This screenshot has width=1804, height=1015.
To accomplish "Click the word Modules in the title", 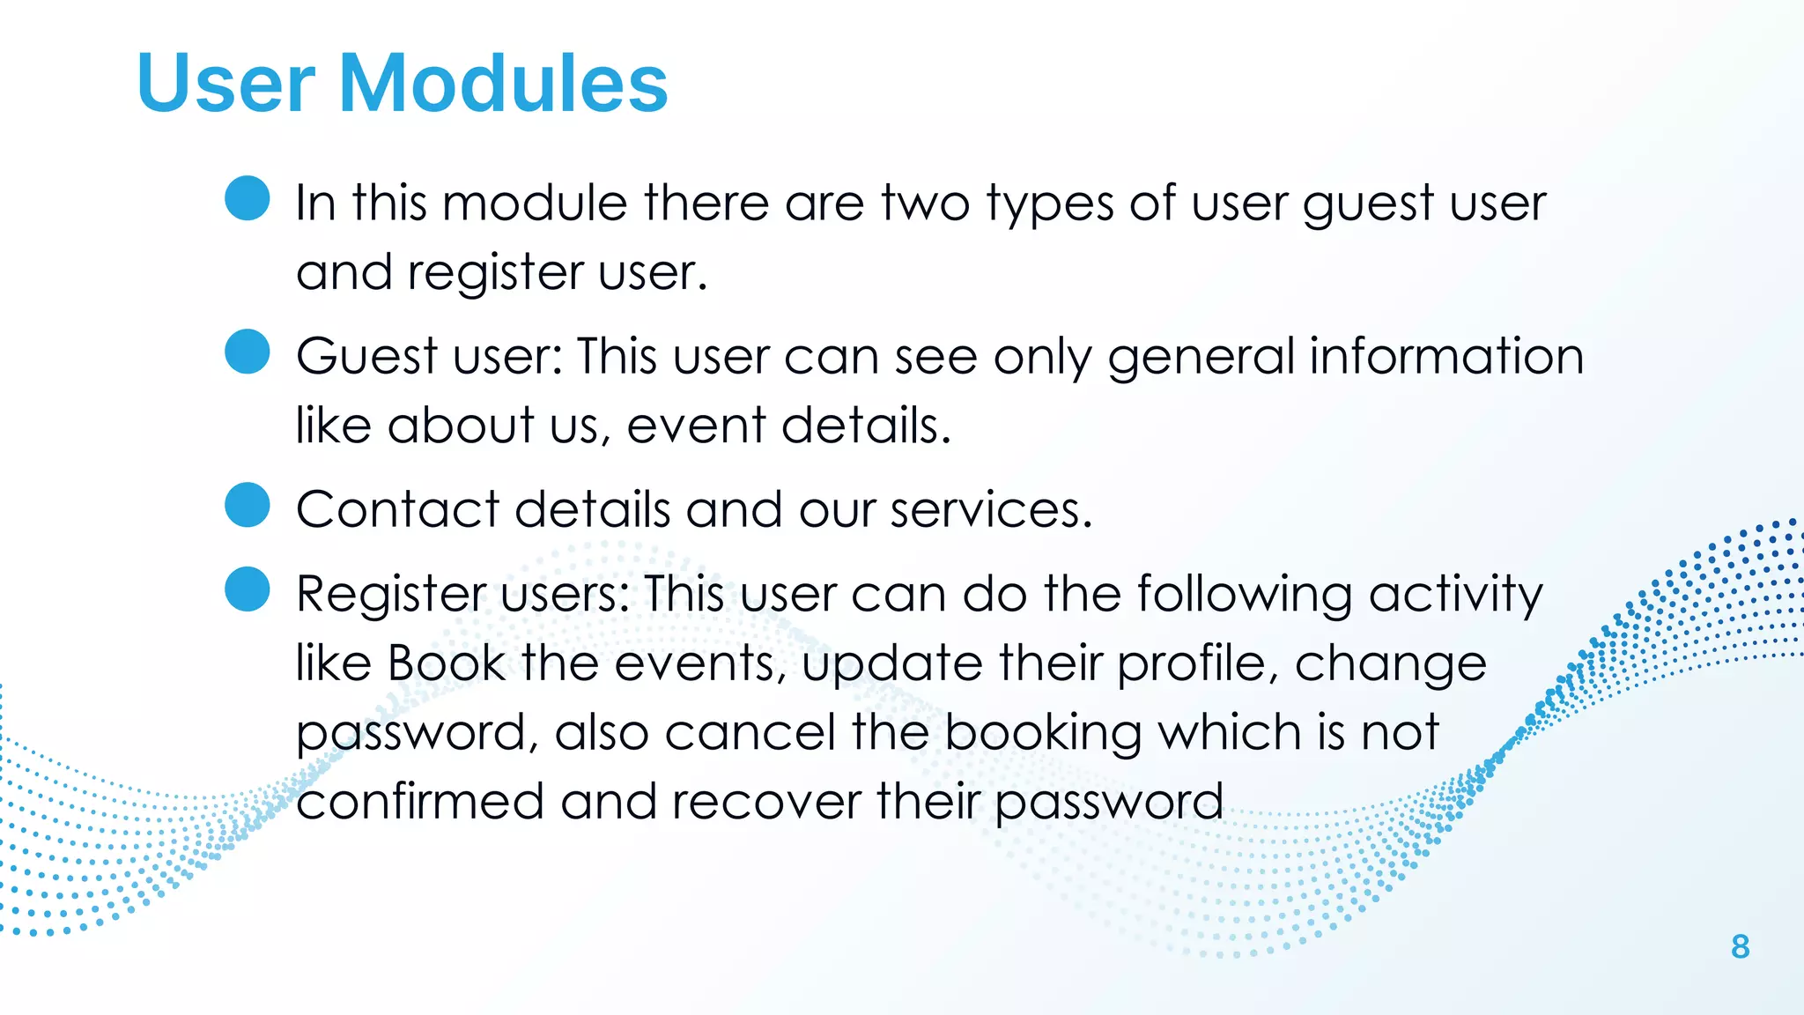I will (x=503, y=83).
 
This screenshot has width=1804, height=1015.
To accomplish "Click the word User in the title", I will (x=225, y=83).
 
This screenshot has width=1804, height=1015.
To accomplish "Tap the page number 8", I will (x=1740, y=947).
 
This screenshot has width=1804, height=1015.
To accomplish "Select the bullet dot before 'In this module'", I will (x=248, y=198).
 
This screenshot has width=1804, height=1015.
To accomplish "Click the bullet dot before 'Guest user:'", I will (x=248, y=352).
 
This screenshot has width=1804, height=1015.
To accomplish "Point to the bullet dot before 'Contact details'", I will (x=248, y=505).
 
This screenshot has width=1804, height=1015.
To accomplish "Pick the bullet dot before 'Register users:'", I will (x=248, y=589).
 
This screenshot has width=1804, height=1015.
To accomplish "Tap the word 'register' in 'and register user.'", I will (x=494, y=273).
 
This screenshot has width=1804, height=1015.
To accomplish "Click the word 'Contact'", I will (x=397, y=510).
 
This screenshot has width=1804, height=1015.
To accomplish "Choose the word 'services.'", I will (x=991, y=510).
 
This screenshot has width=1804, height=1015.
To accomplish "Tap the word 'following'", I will (x=1245, y=595).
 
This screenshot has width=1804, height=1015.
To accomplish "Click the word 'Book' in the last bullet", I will (x=447, y=663).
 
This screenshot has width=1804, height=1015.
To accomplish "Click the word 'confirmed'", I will (x=420, y=802).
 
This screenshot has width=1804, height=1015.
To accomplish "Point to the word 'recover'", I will (x=766, y=802).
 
